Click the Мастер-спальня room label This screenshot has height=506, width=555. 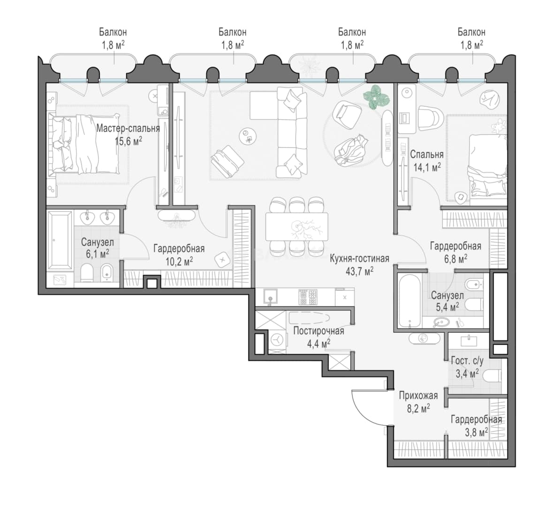click(x=128, y=128)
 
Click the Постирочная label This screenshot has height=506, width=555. click(x=319, y=331)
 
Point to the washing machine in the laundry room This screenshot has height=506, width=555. click(x=277, y=340)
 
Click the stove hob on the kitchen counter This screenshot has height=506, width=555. click(x=307, y=297)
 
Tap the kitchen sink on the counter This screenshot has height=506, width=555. click(x=270, y=297)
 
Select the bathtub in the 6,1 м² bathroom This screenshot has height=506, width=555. click(x=60, y=240)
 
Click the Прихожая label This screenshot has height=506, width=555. click(x=418, y=395)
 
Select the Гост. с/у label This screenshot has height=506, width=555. click(x=467, y=361)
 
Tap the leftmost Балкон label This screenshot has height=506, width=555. click(x=113, y=32)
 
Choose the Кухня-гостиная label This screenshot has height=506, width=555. click(x=359, y=259)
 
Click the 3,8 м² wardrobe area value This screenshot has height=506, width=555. click(x=475, y=432)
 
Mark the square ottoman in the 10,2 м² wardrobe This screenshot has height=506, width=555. click(x=222, y=260)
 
